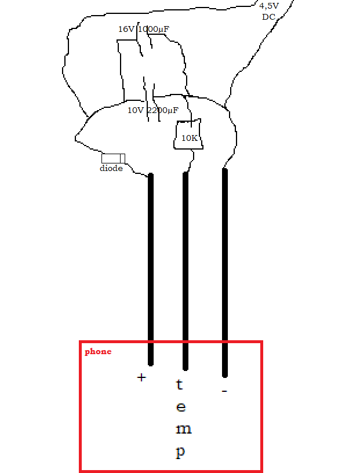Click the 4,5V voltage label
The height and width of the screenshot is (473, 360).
(x=269, y=6)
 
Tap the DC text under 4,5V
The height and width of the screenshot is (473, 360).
(x=268, y=17)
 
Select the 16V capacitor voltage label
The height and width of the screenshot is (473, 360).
(x=126, y=29)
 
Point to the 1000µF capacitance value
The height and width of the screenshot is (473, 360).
(x=154, y=29)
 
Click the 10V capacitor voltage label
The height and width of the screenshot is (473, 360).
(x=135, y=110)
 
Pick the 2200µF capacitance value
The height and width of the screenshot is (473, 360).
(x=163, y=110)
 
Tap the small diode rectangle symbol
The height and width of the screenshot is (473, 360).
(x=113, y=158)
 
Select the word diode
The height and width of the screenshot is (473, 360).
(x=111, y=169)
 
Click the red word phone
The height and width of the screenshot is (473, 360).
(x=98, y=351)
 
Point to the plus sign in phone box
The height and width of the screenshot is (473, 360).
(x=141, y=377)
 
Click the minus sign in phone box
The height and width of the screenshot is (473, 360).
(x=224, y=392)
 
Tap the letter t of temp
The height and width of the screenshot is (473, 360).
(x=180, y=384)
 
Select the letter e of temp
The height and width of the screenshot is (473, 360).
(x=181, y=407)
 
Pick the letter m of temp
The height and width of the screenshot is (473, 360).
(x=183, y=430)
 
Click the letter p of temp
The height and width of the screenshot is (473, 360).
(x=181, y=452)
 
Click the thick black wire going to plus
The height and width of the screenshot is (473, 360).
(x=151, y=267)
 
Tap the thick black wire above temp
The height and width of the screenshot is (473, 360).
(x=186, y=267)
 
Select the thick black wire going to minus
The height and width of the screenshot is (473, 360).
(x=225, y=267)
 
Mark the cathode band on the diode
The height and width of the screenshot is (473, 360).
(x=122, y=158)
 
